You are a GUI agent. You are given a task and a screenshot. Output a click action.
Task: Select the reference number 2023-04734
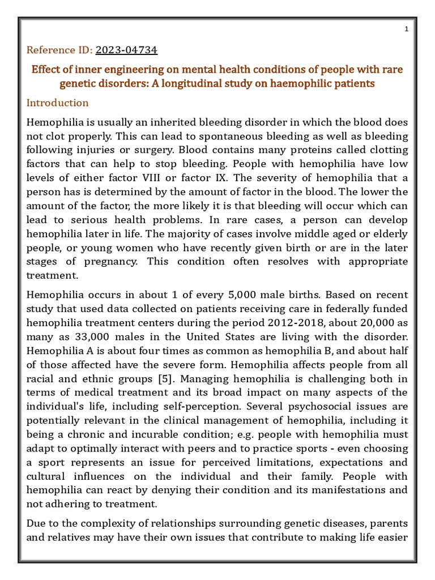click(x=126, y=50)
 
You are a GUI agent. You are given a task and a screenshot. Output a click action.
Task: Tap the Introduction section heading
click(x=58, y=103)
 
